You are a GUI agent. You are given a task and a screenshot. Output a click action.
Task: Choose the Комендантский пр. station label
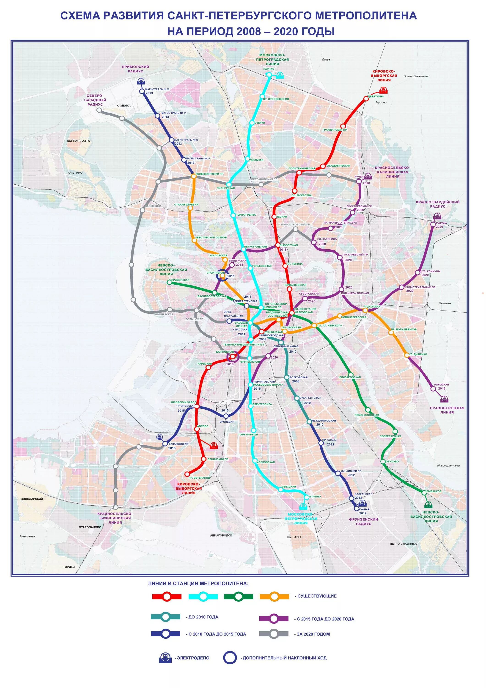click(x=210, y=174)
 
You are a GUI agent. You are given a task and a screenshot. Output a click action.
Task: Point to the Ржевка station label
click(x=441, y=223)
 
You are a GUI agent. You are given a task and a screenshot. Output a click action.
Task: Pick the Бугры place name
click(x=327, y=59)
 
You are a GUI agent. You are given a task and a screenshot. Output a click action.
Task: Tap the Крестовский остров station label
click(x=211, y=237)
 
